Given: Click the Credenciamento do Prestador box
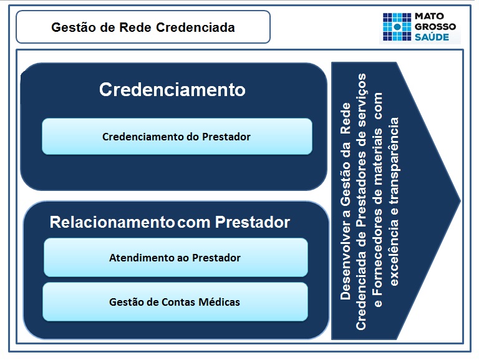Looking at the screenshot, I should pos(177,136).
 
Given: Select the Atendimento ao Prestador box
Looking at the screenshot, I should pos(175,257).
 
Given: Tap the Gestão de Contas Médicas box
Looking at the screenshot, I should pos(175,302).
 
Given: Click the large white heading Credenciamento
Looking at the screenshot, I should pos(172,89).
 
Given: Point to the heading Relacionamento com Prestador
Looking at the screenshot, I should pos(170,222).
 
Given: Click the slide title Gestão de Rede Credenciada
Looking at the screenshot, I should pos(143,27).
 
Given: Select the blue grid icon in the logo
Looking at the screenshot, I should pos(395,26).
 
